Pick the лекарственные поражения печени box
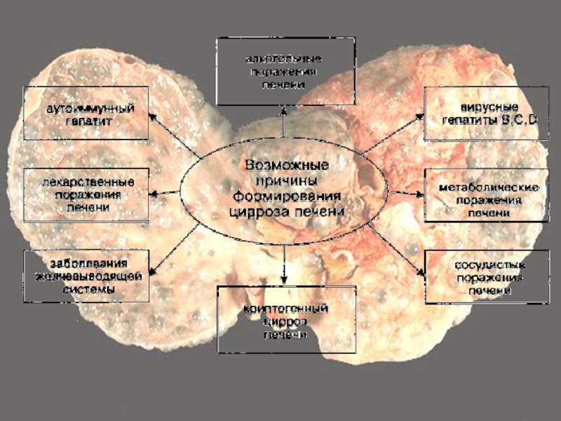[x=87, y=194]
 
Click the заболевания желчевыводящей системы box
[x=87, y=276]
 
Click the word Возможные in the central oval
[x=287, y=166]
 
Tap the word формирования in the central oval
[x=288, y=196]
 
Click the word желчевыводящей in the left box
[x=88, y=276]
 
